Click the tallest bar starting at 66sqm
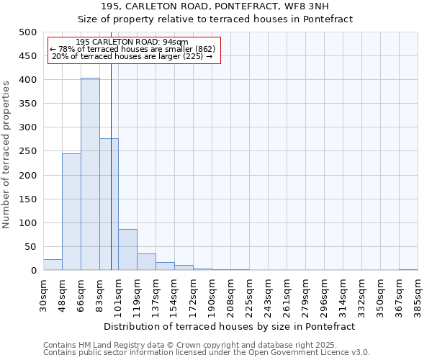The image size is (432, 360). point(90,174)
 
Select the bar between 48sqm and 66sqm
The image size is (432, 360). point(71,212)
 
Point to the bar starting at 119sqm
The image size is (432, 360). point(146,262)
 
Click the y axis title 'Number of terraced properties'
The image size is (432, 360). point(6,154)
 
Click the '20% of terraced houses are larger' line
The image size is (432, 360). point(132,56)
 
